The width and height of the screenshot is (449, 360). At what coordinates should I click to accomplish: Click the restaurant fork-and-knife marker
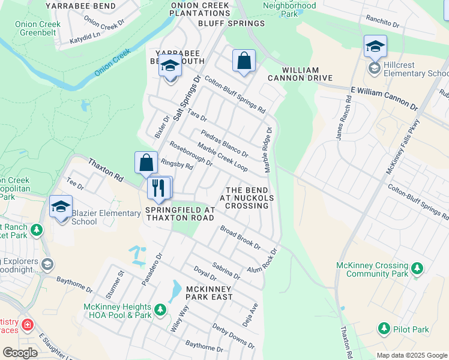[x=159, y=188]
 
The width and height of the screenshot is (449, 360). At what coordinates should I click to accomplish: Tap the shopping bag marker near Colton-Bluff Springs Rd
[x=244, y=61]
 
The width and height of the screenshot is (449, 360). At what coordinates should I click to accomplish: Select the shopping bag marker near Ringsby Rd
[x=146, y=163]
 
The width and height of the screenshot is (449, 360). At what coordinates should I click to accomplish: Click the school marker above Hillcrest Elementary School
[x=375, y=47]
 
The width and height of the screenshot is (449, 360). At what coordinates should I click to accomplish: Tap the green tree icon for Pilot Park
[x=384, y=329]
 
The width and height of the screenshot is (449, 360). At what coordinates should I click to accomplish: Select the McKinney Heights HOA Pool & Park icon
[x=160, y=310]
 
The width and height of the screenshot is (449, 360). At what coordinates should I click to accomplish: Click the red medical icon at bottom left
[x=27, y=325]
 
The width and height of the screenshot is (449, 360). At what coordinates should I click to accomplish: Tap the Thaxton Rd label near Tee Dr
[x=106, y=170]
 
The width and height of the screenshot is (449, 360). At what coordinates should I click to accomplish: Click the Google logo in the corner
[x=20, y=353]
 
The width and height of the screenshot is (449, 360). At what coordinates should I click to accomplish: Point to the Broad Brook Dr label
[x=240, y=238]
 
